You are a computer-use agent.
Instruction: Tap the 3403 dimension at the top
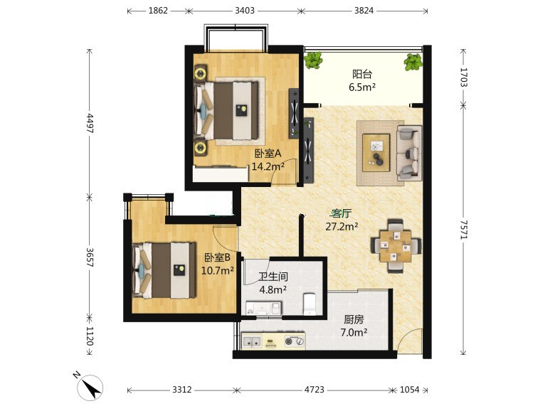[x=245, y=11]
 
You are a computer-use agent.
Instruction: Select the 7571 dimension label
[x=464, y=230]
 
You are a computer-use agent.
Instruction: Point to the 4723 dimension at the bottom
[x=314, y=390]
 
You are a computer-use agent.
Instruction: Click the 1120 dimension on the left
[x=89, y=336]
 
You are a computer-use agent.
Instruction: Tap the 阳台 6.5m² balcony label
[x=362, y=80]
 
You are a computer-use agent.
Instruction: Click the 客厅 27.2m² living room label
[x=342, y=220]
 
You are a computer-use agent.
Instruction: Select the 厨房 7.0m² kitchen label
[x=354, y=326]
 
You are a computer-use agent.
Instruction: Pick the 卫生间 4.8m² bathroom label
[x=273, y=283]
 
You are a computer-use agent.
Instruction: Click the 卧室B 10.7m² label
[x=217, y=264]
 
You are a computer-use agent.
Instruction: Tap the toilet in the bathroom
[x=310, y=304]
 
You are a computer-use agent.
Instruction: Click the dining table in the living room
[x=396, y=246]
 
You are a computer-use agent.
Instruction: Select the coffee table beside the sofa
[x=376, y=152]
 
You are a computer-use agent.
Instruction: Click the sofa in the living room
[x=409, y=153]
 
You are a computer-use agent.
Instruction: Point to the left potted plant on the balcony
[x=313, y=60]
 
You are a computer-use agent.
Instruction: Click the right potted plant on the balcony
[x=413, y=63]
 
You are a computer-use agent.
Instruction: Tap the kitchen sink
[x=252, y=341]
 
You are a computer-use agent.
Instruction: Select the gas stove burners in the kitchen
[x=295, y=341]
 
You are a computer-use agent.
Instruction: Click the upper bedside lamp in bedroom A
[x=201, y=73]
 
